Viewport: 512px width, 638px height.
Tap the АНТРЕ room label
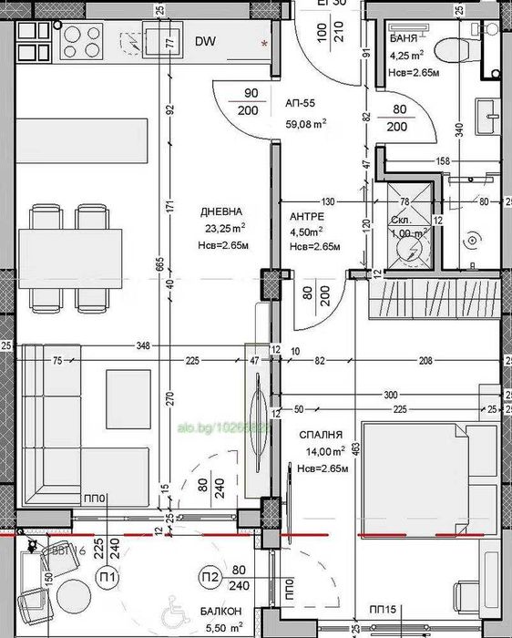[x=306, y=217]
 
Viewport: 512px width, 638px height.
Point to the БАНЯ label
[x=404, y=40]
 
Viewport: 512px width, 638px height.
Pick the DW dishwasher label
[x=206, y=41]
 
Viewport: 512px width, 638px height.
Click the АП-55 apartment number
[x=301, y=104]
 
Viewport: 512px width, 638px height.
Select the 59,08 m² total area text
[x=306, y=123]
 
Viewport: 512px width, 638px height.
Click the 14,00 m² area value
[x=323, y=451]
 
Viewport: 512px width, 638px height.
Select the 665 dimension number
[x=159, y=263]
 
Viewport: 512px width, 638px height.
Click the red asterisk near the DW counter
[x=265, y=43]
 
